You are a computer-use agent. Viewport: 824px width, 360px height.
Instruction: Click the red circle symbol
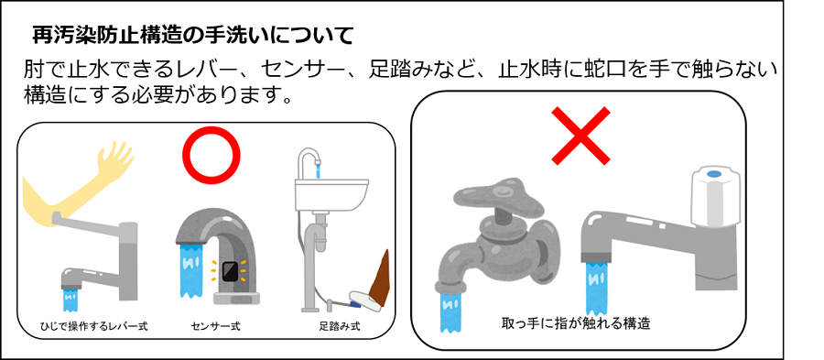pyautogui.click(x=211, y=152)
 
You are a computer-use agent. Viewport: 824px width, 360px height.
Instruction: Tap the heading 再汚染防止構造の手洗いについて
pyautogui.click(x=192, y=37)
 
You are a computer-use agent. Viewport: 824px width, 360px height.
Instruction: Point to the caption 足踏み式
pyautogui.click(x=338, y=324)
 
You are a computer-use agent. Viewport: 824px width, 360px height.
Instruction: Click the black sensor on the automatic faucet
pyautogui.click(x=231, y=271)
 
